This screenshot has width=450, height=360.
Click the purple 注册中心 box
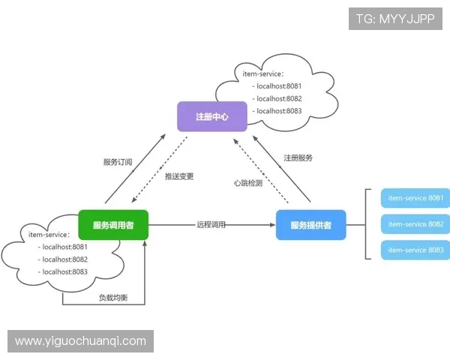point(211,117)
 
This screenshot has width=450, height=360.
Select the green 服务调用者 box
point(113,225)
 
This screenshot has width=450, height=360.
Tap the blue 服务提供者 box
point(310,225)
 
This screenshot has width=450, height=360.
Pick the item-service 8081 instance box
point(415,199)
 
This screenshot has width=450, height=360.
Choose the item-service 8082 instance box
point(415,224)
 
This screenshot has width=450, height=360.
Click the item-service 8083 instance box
point(415,250)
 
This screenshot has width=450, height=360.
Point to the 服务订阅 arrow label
point(118,162)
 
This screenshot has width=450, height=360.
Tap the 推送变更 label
point(179,177)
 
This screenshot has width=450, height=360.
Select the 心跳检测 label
point(248,183)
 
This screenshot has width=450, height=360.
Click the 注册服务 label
point(298,158)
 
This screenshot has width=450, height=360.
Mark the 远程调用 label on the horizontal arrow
point(211,224)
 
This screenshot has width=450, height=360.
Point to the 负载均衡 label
point(113,298)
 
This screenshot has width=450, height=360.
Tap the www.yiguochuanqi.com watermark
point(81,341)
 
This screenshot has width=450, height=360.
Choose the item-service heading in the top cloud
point(263,73)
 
